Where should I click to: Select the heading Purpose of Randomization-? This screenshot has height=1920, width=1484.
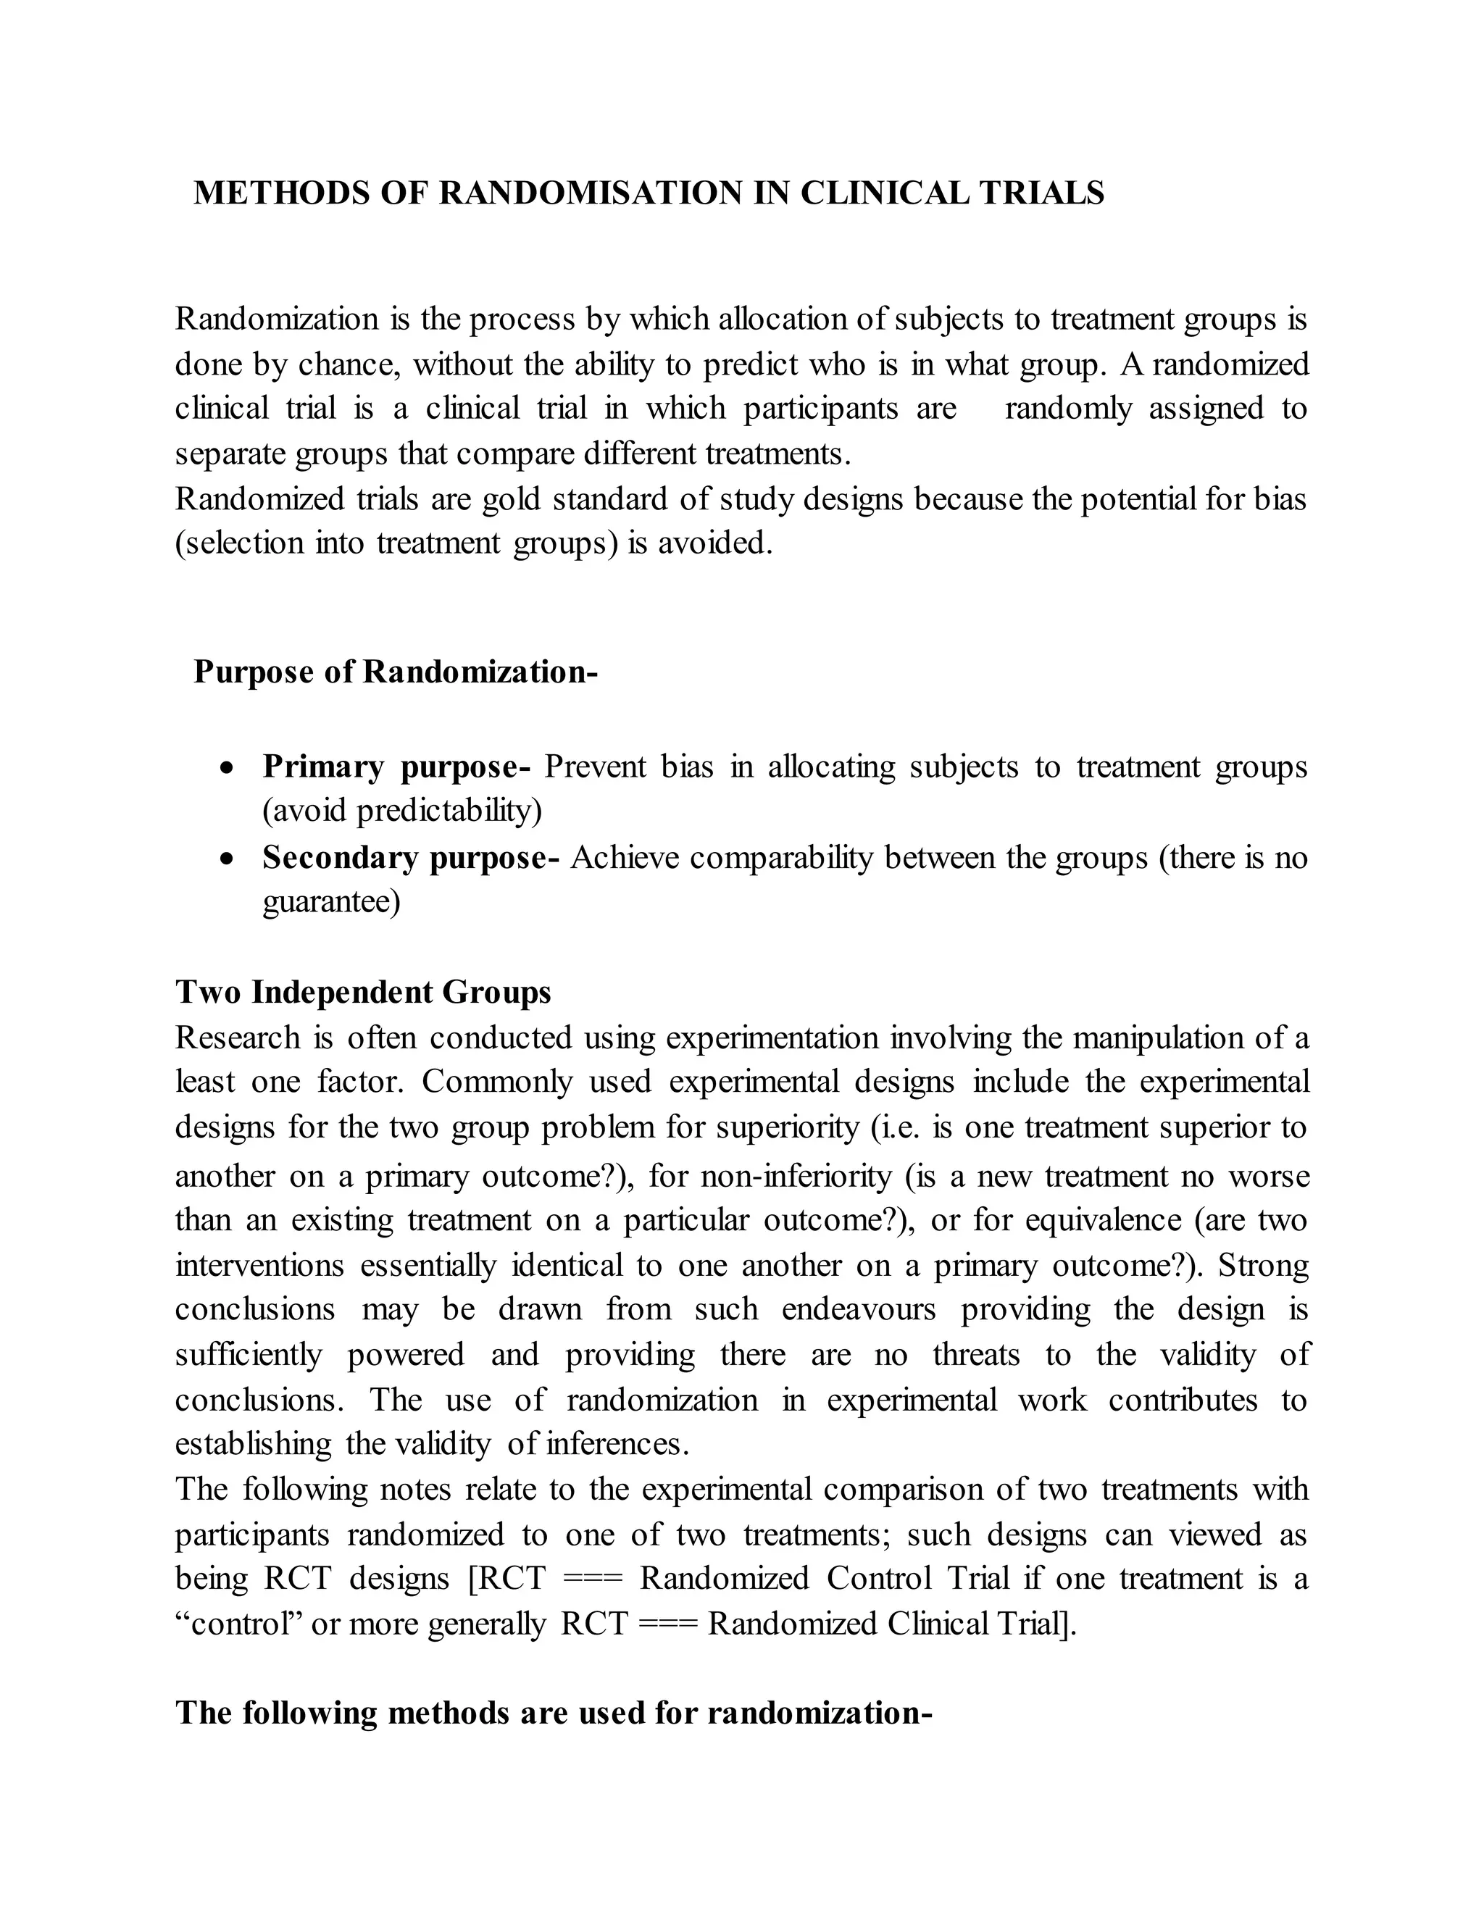(x=395, y=672)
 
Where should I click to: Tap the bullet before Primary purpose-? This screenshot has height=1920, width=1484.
(x=228, y=768)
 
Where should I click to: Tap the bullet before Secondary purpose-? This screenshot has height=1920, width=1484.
(x=228, y=859)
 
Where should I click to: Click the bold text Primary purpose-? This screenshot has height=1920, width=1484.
(x=396, y=767)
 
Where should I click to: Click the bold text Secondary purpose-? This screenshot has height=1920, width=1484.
(x=411, y=857)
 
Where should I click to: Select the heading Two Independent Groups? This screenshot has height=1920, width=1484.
(x=363, y=992)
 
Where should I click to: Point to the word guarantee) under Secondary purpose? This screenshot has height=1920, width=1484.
(x=331, y=902)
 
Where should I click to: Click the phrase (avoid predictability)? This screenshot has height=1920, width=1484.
(x=401, y=811)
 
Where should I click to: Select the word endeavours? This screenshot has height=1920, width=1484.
(x=859, y=1309)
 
